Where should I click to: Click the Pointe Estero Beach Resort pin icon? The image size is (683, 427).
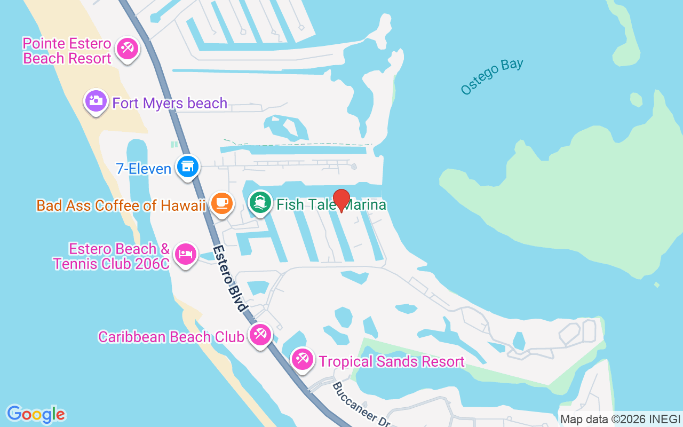tap(127, 49)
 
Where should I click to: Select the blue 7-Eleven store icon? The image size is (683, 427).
tap(187, 167)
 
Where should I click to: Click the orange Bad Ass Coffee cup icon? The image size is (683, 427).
tap(221, 203)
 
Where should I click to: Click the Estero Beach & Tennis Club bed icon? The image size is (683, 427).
tap(185, 254)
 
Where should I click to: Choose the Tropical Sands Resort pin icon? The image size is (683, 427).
tap(302, 359)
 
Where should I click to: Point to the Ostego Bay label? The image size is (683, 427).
tap(492, 77)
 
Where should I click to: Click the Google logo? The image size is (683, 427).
tap(36, 414)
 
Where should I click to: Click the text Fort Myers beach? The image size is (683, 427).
tap(170, 103)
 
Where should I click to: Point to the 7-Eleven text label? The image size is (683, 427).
tap(144, 169)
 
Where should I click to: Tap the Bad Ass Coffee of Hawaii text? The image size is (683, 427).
tap(121, 205)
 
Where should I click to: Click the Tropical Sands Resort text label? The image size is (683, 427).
tap(392, 361)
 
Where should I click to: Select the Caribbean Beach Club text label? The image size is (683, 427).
tap(171, 337)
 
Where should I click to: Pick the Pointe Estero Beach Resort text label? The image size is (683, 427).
tap(67, 51)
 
